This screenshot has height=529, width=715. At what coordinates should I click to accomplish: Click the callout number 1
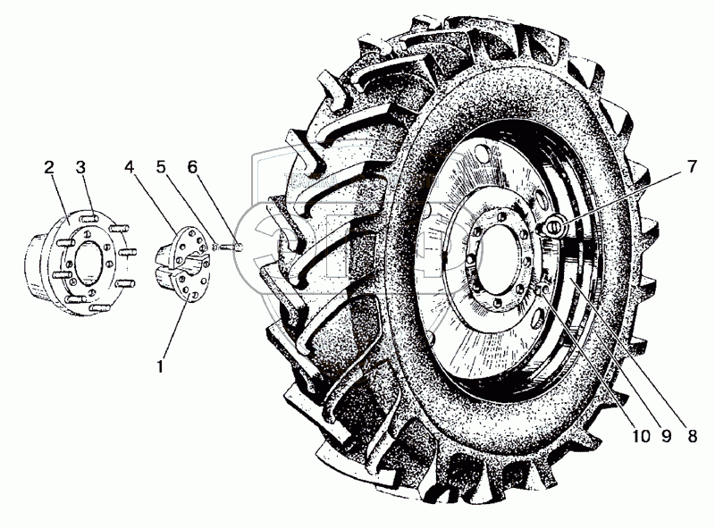click(160, 365)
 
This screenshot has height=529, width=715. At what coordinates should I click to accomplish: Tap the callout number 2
click(49, 167)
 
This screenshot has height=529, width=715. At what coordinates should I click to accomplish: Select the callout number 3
click(80, 167)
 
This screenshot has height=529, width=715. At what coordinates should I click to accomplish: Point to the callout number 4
click(130, 167)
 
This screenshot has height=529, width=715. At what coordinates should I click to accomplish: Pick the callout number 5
click(161, 167)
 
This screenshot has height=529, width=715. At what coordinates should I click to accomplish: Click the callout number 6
click(192, 167)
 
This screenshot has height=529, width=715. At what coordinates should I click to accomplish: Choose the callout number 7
click(692, 166)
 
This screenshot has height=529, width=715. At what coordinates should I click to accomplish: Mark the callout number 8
click(692, 436)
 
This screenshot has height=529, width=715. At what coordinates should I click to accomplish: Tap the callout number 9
click(666, 436)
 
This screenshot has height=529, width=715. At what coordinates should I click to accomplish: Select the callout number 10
click(641, 436)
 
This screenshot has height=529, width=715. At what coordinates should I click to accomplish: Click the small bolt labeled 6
click(231, 248)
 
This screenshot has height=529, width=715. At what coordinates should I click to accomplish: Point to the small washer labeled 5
click(215, 248)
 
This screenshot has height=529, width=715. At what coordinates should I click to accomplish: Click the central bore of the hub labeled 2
click(88, 263)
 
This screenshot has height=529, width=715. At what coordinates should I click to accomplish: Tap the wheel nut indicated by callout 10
click(541, 289)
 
